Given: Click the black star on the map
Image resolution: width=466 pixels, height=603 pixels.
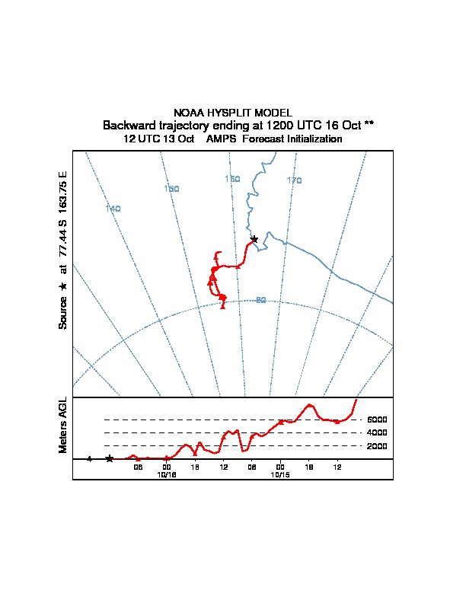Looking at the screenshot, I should tap(254, 239).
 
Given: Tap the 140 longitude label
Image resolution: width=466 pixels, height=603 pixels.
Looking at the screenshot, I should tap(113, 209).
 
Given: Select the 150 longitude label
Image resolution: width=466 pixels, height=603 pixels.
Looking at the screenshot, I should tap(171, 189).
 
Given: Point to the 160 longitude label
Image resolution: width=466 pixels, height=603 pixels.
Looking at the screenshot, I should tap(232, 179).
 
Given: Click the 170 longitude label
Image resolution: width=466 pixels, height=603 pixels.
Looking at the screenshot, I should tap(294, 180).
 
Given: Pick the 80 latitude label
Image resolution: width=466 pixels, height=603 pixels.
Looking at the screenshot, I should tap(260, 300).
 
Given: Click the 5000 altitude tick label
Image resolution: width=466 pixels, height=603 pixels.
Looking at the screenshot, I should tap(378, 420).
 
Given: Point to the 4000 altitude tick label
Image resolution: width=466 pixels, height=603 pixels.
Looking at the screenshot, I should tap(378, 432).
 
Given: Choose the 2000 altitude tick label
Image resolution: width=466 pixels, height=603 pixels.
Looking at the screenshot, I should tap(378, 446).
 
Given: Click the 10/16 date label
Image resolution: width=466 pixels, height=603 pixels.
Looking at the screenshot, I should tap(167, 474).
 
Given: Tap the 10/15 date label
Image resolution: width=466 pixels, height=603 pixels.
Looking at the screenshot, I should tap(281, 474).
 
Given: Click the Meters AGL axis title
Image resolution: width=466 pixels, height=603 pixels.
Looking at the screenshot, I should tap(63, 426).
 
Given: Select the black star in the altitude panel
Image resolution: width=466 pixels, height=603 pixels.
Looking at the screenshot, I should tap(110, 458).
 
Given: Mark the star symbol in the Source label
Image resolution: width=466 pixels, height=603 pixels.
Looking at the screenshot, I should tap(63, 286).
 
